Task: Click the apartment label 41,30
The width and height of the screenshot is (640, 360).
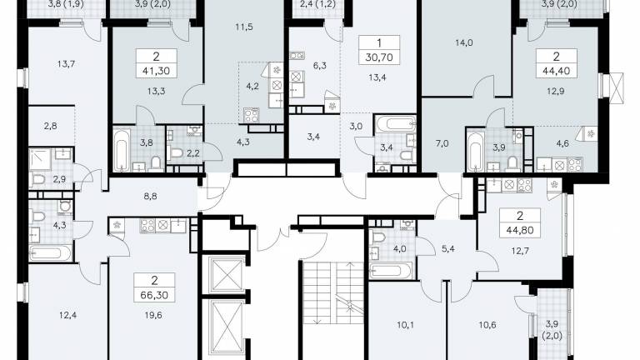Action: click(x=156, y=71)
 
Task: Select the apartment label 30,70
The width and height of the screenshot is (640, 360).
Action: click(x=379, y=57)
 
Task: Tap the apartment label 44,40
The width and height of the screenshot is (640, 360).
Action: click(x=557, y=72)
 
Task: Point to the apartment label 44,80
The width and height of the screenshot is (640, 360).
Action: click(x=520, y=231)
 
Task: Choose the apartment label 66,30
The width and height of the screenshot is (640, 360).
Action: click(x=154, y=295)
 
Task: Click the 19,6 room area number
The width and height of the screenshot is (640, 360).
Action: click(x=153, y=315)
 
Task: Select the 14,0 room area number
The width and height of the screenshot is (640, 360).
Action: click(x=464, y=42)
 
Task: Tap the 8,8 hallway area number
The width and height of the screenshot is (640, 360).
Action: click(x=150, y=197)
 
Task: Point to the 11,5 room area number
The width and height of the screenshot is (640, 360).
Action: click(x=244, y=27)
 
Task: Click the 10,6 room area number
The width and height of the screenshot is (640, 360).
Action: click(x=487, y=325)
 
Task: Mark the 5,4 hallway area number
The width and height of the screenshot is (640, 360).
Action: click(x=448, y=248)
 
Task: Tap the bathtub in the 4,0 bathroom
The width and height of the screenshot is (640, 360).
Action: click(x=390, y=271)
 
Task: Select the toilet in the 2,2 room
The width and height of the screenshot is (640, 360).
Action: click(x=176, y=153)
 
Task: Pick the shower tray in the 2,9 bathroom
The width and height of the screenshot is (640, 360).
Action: click(x=40, y=159)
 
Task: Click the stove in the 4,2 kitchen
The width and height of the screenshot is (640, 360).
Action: click(x=251, y=115)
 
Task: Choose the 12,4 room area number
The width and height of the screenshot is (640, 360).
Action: click(x=67, y=315)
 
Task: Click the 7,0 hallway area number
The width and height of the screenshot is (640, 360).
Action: click(x=442, y=143)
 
